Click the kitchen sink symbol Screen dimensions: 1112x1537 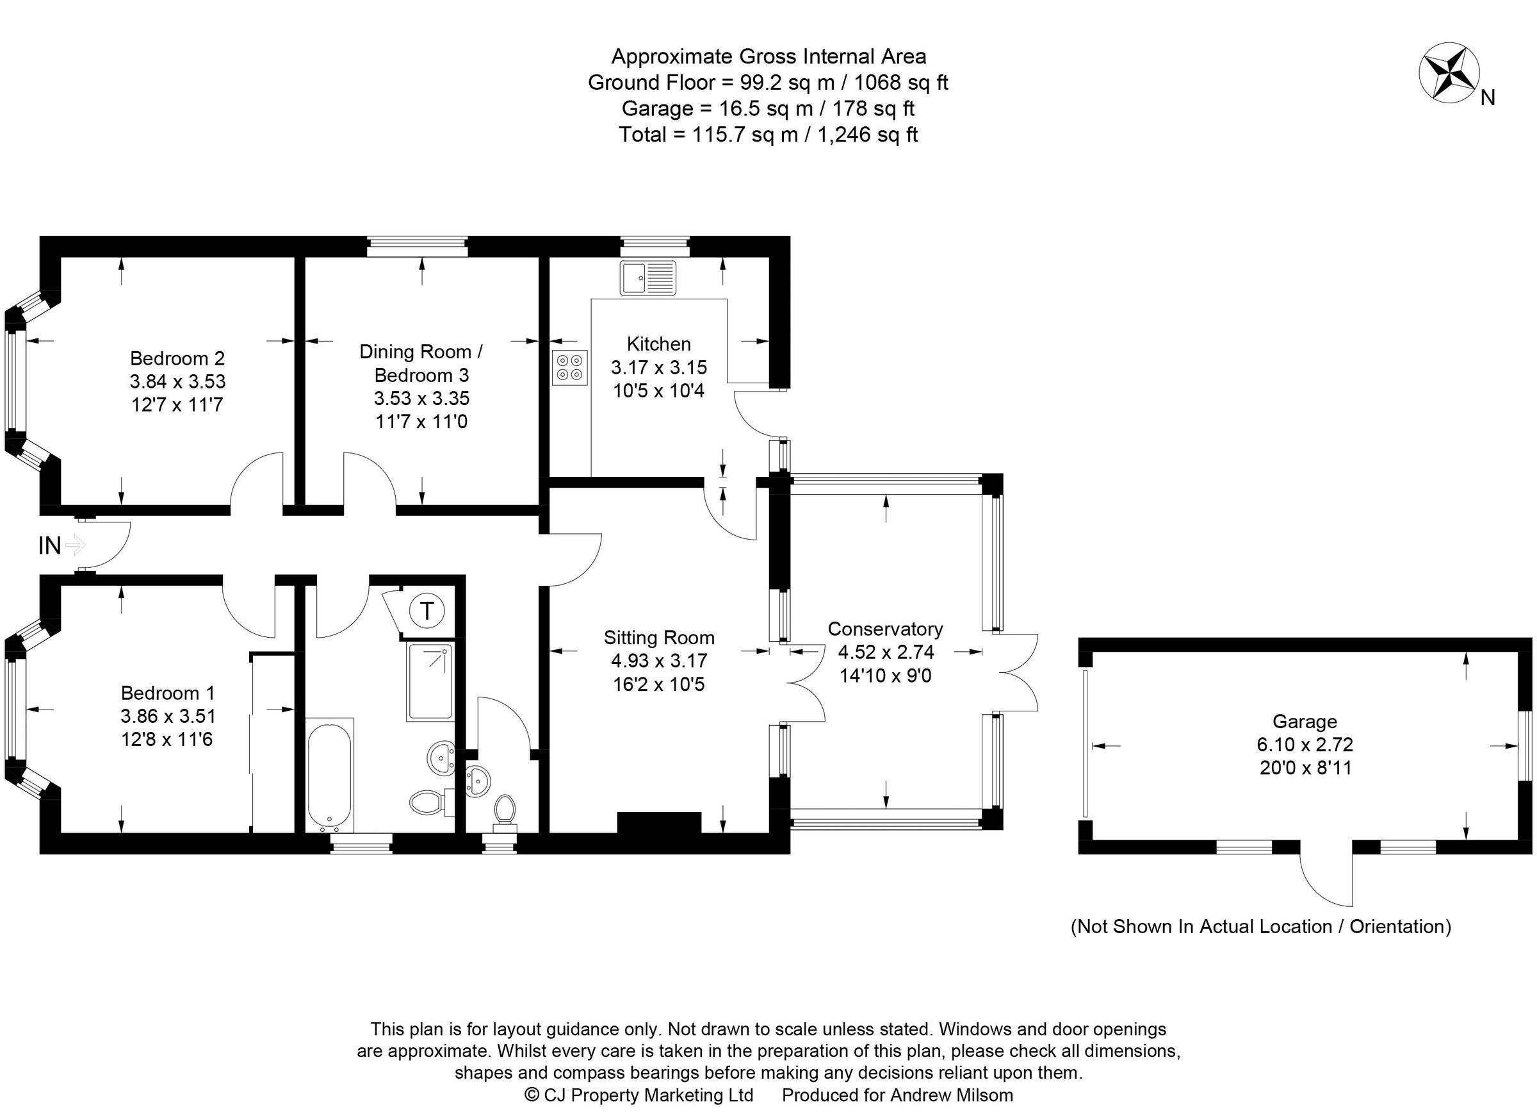(x=647, y=278)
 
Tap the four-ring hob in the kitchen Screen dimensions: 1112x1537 (x=569, y=367)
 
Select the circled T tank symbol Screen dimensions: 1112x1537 (x=427, y=611)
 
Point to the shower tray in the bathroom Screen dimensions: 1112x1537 (x=430, y=681)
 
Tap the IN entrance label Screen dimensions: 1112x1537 (x=49, y=545)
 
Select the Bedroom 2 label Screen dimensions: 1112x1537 (x=177, y=358)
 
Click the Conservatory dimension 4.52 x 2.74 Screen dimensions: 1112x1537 (x=886, y=652)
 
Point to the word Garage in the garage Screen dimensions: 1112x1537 (x=1304, y=722)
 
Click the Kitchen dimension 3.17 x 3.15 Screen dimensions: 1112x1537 (x=659, y=367)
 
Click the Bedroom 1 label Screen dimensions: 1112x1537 (x=167, y=693)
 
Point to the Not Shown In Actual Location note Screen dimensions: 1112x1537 (x=1260, y=926)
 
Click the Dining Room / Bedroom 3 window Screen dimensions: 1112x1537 (x=417, y=247)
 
